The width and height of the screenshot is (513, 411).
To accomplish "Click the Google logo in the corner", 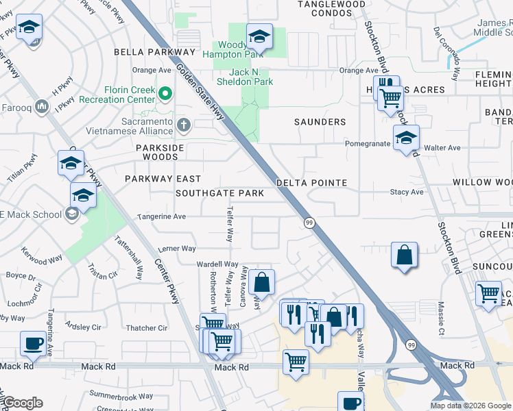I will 23,403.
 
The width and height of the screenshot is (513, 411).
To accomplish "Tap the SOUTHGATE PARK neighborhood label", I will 219,193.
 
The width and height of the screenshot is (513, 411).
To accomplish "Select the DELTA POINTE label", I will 311,183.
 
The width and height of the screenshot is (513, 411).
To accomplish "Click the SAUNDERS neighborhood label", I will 320,122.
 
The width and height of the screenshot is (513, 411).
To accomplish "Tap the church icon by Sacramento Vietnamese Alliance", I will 182,125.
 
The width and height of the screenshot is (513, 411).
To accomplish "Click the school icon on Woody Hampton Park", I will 259,36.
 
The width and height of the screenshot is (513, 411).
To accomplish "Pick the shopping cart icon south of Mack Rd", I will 296,360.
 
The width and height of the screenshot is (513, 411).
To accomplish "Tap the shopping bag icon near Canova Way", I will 261,282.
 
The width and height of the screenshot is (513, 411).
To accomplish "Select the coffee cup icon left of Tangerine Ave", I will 32,342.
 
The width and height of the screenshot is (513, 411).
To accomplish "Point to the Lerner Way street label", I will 176,249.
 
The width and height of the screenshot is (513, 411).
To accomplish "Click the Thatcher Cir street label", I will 147,328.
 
